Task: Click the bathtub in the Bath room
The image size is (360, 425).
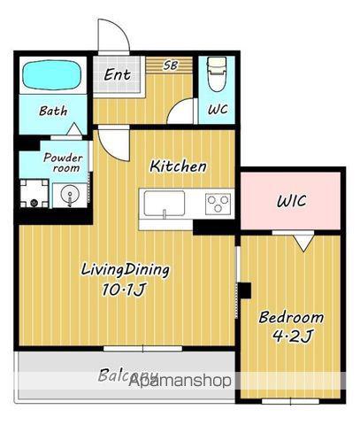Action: pos(52,75)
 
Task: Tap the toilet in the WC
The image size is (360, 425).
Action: pos(217,74)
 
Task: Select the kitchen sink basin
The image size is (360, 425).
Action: pos(165,204)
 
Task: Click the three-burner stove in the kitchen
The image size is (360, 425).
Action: pos(218,204)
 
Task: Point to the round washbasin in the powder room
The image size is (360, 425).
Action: pos(70,195)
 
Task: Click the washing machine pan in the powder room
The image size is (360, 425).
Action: pos(34,194)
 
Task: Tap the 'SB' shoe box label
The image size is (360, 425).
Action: pos(171,66)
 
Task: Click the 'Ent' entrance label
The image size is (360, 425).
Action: pos(117,74)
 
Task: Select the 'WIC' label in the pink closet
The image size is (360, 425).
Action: pos(291,201)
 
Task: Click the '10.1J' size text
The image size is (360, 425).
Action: pos(124,290)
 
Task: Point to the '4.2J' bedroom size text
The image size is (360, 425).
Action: pos(291,336)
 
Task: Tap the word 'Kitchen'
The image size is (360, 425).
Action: pos(178,166)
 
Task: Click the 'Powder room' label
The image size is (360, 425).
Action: pos(63,163)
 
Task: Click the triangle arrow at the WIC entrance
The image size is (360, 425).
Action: pos(304,243)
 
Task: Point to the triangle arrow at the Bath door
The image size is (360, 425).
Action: pos(74,129)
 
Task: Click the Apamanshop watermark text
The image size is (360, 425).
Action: pos(180,381)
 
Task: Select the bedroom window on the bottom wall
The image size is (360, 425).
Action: pos(291,401)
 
